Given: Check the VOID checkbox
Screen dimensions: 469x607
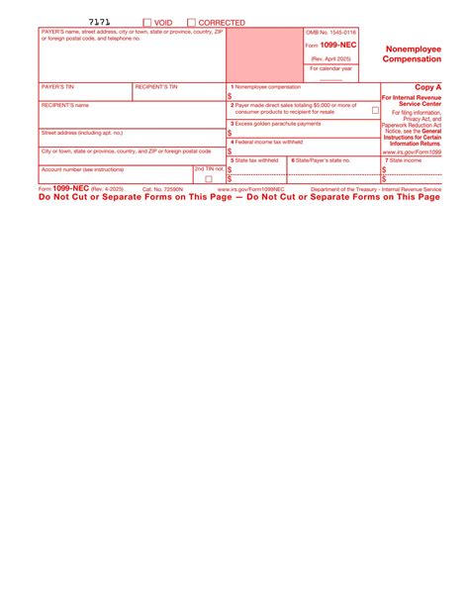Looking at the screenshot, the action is pos(147,22).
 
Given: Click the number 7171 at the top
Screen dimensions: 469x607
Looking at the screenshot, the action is pos(99,21).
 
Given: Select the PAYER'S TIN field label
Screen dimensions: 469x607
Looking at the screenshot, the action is pos(57,87).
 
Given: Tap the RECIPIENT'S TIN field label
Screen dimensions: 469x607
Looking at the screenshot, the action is pos(156,87).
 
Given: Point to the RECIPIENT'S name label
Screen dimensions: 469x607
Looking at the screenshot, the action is pos(65,105).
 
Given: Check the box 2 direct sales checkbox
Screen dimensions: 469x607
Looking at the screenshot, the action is pos(375,111).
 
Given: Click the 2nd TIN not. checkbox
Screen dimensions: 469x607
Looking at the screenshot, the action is pos(209,179).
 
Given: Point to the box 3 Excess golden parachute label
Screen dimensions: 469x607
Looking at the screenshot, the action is pos(276,124).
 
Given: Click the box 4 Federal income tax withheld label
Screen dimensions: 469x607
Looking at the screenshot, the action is pos(274,142).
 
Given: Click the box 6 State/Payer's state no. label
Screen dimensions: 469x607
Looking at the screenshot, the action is pos(321,159).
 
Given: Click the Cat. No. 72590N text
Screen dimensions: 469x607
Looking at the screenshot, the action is pos(162,188).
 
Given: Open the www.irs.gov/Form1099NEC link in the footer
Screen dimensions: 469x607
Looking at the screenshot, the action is pos(251,188).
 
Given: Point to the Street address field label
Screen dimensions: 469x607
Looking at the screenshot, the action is pos(82,132).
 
